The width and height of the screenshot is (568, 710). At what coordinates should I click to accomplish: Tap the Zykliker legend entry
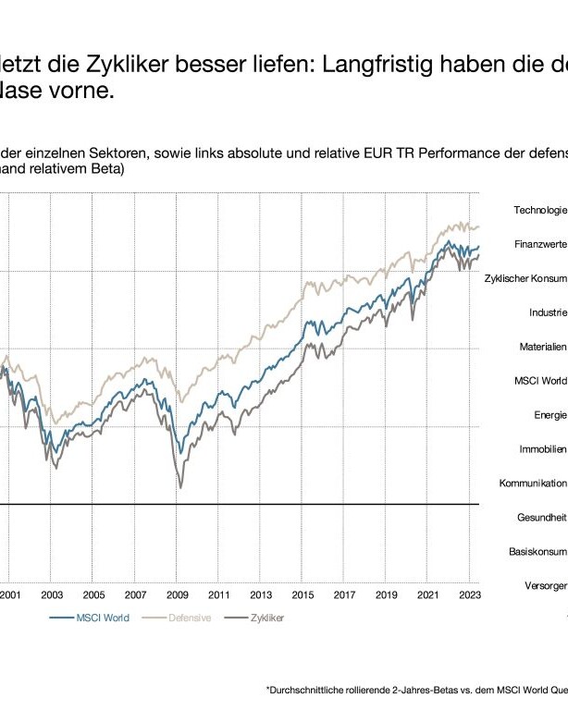coord(265,618)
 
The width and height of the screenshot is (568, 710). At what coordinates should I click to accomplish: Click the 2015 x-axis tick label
coord(303,595)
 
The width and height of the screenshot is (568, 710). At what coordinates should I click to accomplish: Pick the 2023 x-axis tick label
coord(469,595)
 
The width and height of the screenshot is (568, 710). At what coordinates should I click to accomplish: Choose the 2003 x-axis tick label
coord(52,595)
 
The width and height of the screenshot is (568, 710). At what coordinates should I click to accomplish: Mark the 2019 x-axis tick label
coord(386,595)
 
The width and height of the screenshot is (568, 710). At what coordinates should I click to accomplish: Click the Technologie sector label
coord(540,210)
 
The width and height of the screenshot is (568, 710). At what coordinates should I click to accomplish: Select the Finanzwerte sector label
coord(541,245)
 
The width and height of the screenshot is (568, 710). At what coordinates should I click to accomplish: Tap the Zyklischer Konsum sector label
coord(525,278)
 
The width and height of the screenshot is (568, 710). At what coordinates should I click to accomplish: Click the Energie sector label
coord(550,414)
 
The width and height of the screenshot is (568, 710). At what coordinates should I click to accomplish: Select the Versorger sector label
coord(546,586)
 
